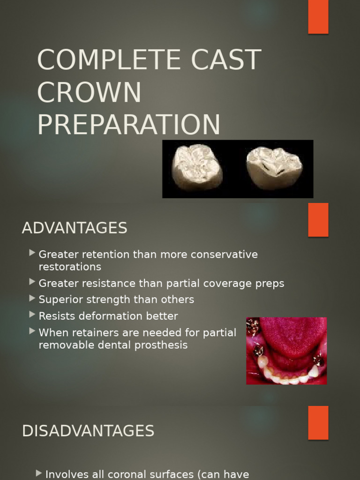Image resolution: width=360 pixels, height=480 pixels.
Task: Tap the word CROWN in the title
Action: (89, 92)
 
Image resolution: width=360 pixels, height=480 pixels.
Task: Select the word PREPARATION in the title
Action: (128, 125)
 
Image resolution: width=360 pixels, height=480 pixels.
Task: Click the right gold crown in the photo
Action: (274, 168)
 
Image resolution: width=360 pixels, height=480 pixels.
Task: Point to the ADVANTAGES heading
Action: (75, 228)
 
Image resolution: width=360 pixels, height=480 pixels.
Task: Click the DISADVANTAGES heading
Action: (88, 431)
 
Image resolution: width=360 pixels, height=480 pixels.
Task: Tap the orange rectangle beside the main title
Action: (318, 17)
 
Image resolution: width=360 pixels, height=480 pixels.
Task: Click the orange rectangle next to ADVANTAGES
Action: (318, 220)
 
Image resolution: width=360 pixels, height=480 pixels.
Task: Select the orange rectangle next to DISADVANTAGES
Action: (318, 422)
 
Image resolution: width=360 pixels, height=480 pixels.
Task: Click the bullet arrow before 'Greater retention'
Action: (32, 253)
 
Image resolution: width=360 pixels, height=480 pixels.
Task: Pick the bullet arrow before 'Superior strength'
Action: (32, 298)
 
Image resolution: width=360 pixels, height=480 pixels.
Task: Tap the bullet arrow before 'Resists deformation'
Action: (32, 315)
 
